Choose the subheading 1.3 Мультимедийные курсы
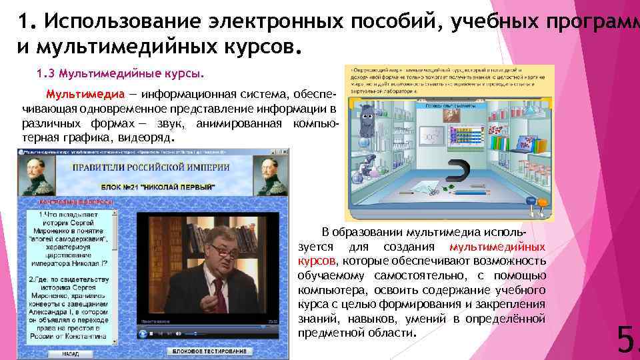click(x=117, y=72)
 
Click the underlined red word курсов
click(x=317, y=261)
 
